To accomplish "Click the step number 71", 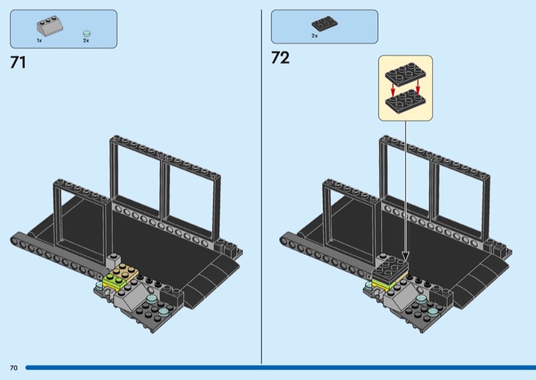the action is pos(18,63).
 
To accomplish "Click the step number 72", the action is pos(280,58).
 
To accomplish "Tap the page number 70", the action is pos(13,368).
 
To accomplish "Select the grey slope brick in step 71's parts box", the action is pos(50,25).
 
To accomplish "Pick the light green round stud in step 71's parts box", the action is pos(87,33).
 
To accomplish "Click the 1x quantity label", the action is pos(40,41).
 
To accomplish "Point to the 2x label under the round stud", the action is pos(86,41).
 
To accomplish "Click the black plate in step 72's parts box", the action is pos(324,23).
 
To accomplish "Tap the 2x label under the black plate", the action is pos(314,36).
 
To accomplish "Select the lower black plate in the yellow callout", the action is pos(405,100).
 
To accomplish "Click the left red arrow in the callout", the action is pos(393,90).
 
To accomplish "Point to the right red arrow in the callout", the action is pos(417,87).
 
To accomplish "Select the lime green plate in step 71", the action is pos(113,280).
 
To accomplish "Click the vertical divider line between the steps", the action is pos(261,187).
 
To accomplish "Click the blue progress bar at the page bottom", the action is pos(281,368).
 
